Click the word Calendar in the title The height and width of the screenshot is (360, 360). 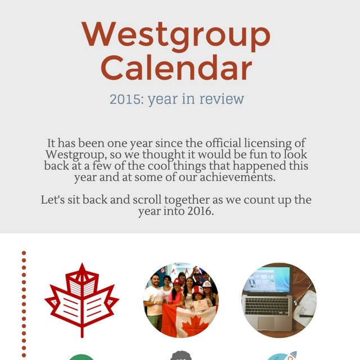(176, 67)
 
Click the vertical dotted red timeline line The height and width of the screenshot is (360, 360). (24, 304)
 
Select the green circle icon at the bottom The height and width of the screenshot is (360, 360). (82, 357)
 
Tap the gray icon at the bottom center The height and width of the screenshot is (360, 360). (181, 355)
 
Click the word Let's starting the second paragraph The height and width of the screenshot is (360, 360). (53, 200)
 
